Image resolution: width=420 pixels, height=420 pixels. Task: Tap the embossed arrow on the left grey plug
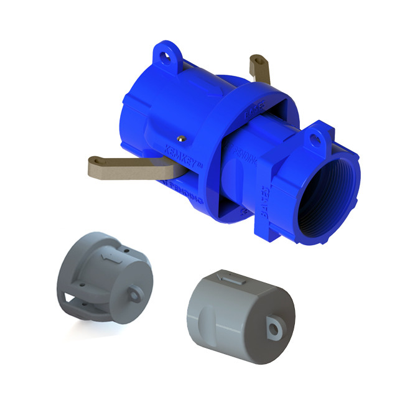click(x=103, y=256)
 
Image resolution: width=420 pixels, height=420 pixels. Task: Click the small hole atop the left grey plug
click(x=125, y=248)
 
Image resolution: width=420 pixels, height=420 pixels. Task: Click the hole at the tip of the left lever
click(x=95, y=166)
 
